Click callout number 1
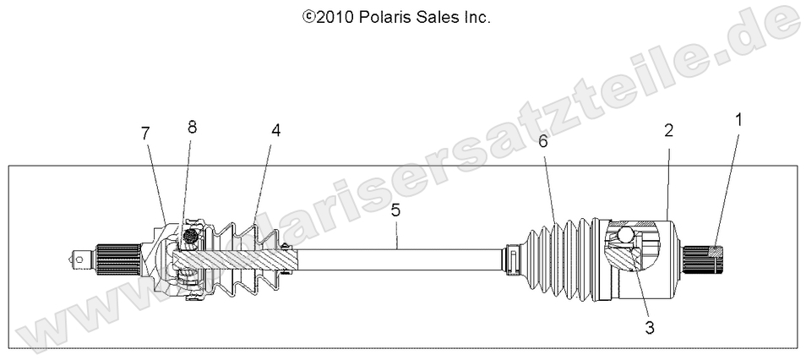tap(738, 120)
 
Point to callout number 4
tap(275, 130)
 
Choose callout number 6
tap(543, 142)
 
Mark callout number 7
tap(145, 133)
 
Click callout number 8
tap(192, 127)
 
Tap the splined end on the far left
tap(114, 255)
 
